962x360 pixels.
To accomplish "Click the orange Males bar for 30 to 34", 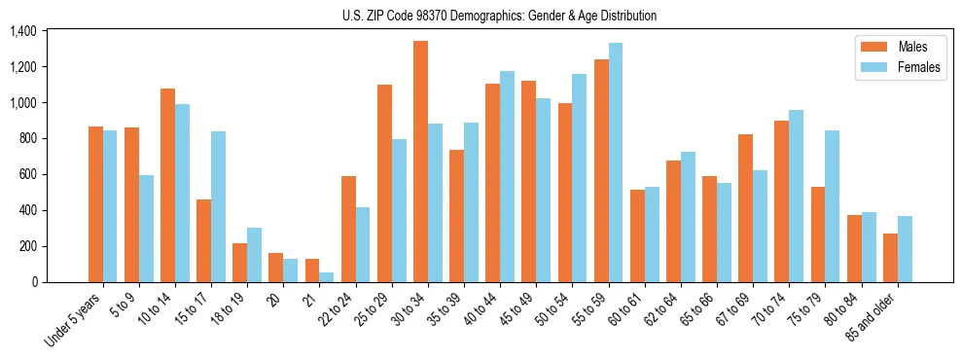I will coord(420,162).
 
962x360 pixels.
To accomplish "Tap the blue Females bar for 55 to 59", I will coord(615,162).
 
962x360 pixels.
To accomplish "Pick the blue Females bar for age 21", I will coord(327,276).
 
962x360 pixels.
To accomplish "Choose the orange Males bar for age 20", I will coord(276,268).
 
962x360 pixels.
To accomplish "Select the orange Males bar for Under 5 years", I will coord(95,204).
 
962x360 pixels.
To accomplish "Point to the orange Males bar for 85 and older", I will coord(890,258).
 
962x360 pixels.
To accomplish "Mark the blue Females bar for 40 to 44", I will coord(507,176).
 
